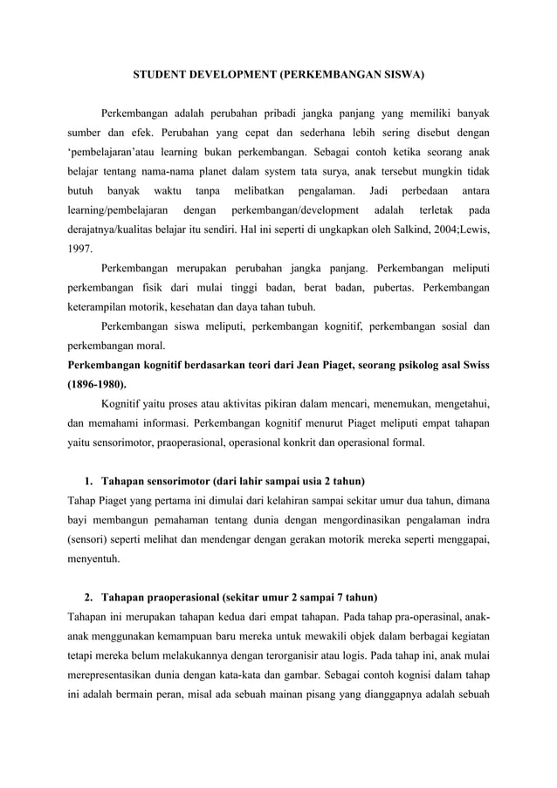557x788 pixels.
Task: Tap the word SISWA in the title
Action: tap(402, 76)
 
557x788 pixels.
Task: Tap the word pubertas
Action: tap(381, 287)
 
